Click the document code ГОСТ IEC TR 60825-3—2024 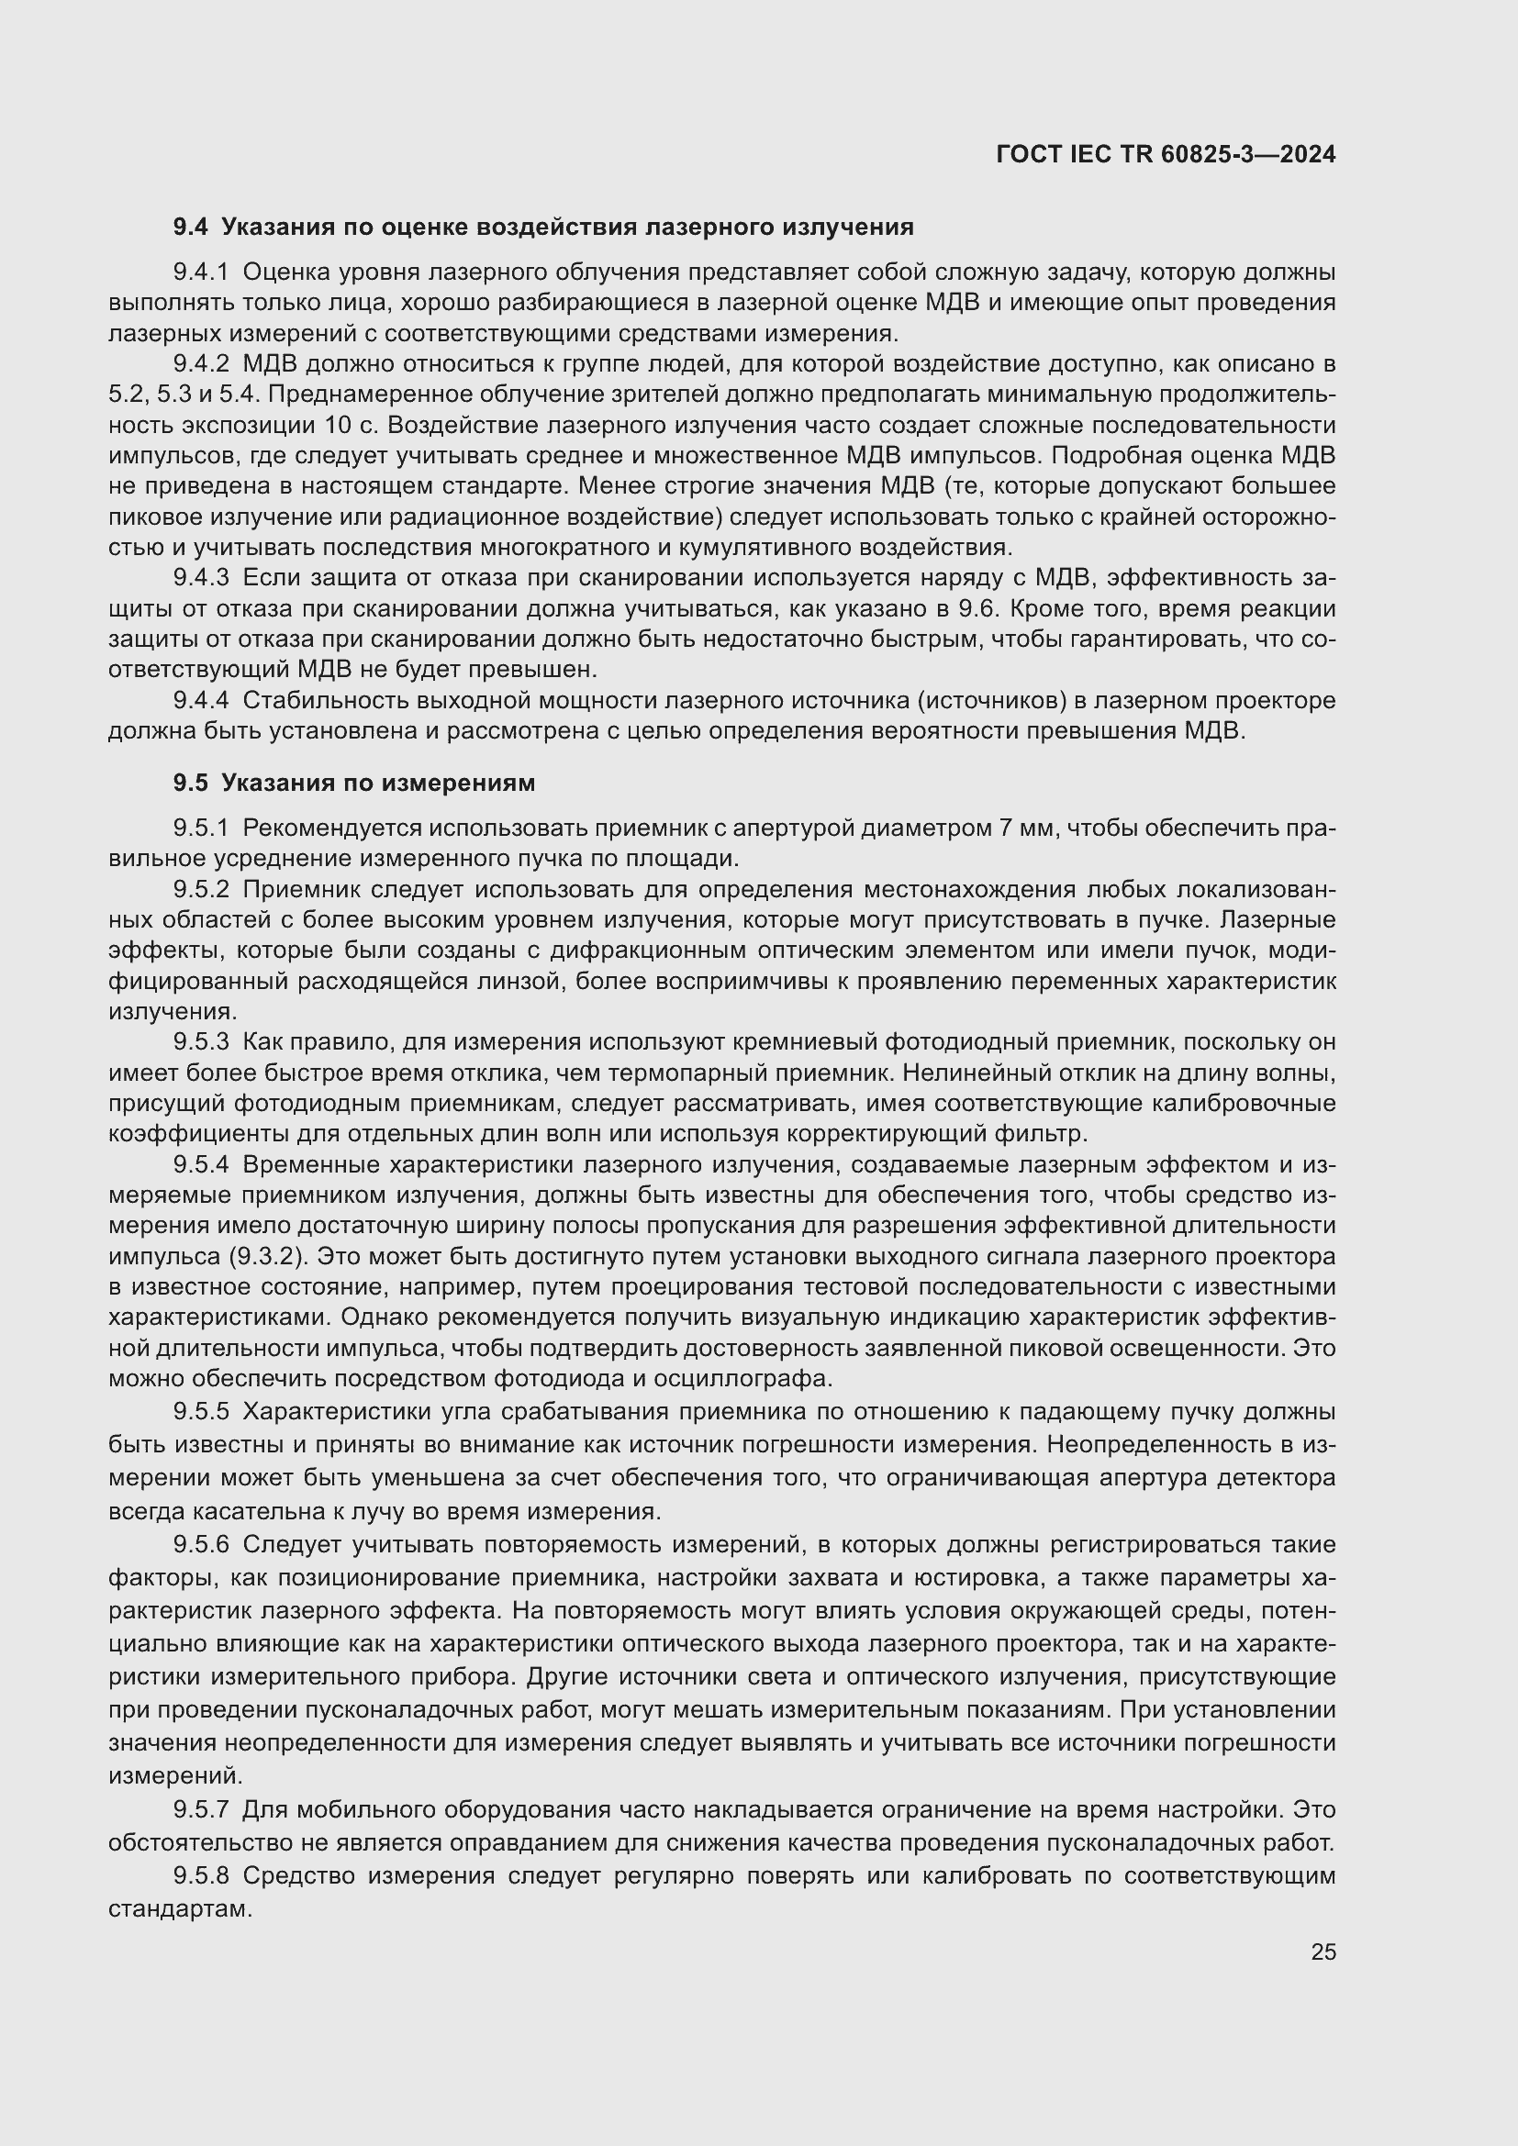coord(1166,154)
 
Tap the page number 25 coord(1323,1952)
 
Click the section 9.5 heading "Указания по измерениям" coord(377,784)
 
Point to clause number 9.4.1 coord(201,272)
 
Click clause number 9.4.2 coord(201,364)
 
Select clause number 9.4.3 coord(201,579)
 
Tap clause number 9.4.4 coord(201,701)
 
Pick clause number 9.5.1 coord(201,828)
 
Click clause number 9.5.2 coord(201,890)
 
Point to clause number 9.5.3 coord(201,1042)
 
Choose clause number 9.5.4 coord(201,1164)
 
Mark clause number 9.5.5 coord(201,1410)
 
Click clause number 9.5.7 coord(201,1810)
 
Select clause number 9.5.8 coord(201,1876)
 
